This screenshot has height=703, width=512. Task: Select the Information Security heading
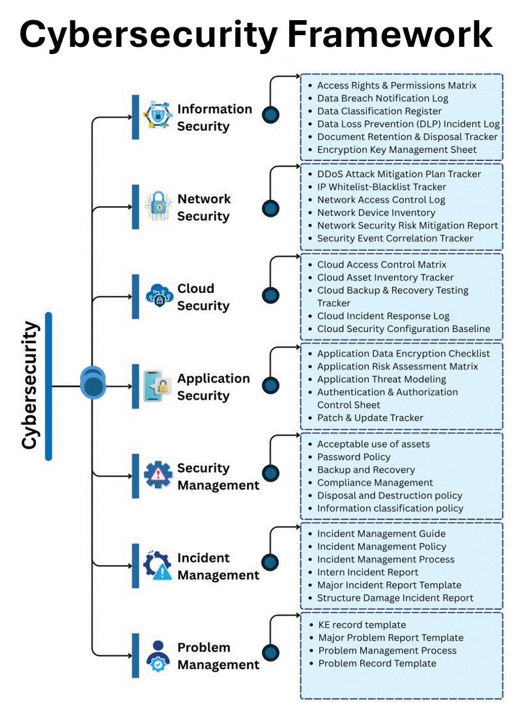tap(214, 117)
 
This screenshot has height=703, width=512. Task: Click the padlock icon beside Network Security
tap(158, 207)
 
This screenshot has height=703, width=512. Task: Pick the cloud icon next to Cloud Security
tap(158, 297)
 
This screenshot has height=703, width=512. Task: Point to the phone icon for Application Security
tap(158, 387)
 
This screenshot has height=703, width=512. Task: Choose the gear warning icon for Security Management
tap(158, 476)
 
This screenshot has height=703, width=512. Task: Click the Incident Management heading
tap(218, 566)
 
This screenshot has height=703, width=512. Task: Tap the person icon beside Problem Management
tap(158, 655)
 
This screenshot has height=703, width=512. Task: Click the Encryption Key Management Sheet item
tap(397, 150)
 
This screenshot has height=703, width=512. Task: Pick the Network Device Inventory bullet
tap(376, 213)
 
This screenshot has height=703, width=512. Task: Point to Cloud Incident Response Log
tap(383, 316)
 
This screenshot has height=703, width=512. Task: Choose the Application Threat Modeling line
tap(381, 379)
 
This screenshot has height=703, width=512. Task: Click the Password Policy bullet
tap(354, 457)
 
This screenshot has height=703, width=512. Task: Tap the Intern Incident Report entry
tap(367, 573)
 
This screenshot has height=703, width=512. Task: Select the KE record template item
tap(362, 625)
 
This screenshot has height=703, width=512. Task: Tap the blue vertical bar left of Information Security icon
tap(135, 117)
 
